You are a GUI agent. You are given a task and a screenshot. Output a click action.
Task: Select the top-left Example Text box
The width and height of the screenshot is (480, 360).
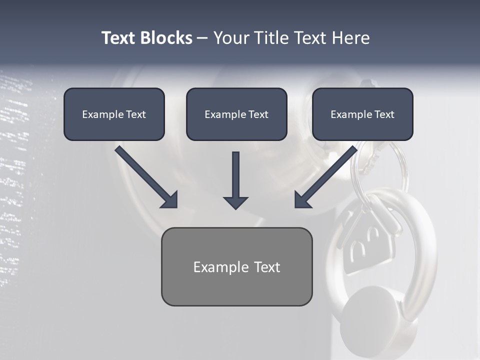pyautogui.click(x=114, y=114)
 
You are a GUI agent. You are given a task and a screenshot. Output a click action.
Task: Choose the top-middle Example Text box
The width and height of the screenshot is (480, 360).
pyautogui.click(x=236, y=114)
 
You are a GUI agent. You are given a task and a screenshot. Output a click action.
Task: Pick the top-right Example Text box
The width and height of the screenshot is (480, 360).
pyautogui.click(x=362, y=114)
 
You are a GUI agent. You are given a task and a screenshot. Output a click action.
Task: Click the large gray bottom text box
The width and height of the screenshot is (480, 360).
pyautogui.click(x=236, y=266)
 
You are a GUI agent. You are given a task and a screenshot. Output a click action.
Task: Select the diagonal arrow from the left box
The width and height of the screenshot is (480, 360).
pyautogui.click(x=145, y=176)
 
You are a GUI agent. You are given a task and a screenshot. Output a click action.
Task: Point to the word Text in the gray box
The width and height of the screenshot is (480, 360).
pyautogui.click(x=266, y=267)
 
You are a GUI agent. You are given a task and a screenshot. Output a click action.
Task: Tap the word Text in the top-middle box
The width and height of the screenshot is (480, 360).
pyautogui.click(x=258, y=114)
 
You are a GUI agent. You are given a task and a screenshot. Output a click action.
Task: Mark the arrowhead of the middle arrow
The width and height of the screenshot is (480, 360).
pyautogui.click(x=235, y=202)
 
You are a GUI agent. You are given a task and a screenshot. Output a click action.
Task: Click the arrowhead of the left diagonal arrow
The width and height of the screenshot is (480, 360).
pyautogui.click(x=170, y=200)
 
